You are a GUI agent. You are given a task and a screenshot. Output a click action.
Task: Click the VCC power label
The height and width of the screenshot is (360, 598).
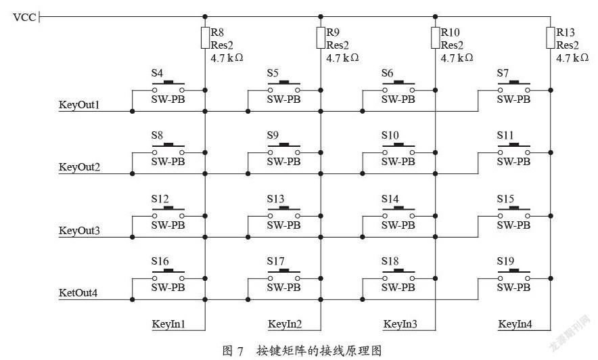(x=24, y=17)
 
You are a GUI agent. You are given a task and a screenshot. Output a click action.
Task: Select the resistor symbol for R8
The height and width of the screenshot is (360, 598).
(x=205, y=38)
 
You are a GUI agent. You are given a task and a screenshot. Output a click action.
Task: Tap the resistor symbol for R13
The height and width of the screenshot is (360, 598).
(x=551, y=38)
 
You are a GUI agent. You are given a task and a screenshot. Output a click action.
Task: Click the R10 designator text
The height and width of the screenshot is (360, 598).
(x=451, y=32)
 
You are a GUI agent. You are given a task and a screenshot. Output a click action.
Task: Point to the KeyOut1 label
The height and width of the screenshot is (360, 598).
(x=79, y=105)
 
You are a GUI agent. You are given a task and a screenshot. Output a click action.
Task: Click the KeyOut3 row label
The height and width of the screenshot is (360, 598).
(x=79, y=231)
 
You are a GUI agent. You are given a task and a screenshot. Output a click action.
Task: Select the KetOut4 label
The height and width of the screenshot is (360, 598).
(x=78, y=293)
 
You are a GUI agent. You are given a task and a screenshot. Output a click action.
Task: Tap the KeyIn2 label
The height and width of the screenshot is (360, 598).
(x=285, y=324)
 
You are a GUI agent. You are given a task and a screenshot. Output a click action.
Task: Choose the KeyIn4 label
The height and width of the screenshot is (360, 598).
(x=515, y=324)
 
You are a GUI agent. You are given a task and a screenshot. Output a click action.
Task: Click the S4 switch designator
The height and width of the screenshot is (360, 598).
(x=157, y=73)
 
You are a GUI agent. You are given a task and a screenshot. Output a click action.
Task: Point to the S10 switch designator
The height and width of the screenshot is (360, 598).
(x=390, y=135)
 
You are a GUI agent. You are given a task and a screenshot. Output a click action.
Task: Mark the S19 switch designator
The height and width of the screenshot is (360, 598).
(x=505, y=261)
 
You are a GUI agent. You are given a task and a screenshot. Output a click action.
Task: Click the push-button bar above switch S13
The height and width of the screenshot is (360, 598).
(x=283, y=208)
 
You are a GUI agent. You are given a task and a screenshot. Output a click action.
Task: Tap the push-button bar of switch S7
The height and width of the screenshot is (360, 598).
(x=513, y=83)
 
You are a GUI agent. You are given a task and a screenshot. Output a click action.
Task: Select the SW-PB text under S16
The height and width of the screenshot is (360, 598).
(x=168, y=287)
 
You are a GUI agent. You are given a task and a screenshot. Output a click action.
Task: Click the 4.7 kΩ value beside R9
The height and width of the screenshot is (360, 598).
(x=342, y=58)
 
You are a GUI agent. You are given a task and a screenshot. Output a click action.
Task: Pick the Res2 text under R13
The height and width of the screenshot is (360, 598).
(x=568, y=45)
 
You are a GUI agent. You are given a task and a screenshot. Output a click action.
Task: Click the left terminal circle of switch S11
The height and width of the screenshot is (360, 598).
(x=500, y=152)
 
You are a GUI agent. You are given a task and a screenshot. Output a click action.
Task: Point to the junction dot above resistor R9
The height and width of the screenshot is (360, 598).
(x=321, y=17)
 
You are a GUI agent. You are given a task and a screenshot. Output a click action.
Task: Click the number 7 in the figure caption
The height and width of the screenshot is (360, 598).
(x=240, y=351)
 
